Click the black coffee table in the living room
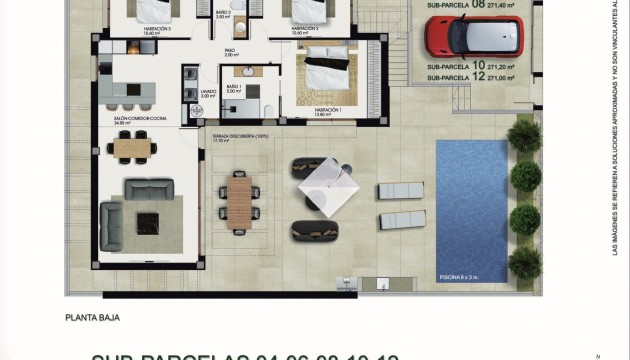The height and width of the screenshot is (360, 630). [x=148, y=221]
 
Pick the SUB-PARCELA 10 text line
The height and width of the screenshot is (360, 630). [x=466, y=66]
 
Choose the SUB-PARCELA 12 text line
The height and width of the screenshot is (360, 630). [x=466, y=77]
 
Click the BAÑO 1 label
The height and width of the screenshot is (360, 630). [x=235, y=88]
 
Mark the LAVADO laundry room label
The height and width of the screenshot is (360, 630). [x=208, y=92]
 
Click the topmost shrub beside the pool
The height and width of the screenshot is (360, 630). [x=522, y=134]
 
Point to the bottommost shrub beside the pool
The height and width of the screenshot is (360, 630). [x=524, y=262]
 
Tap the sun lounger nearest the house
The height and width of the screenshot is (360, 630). [x=400, y=190]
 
